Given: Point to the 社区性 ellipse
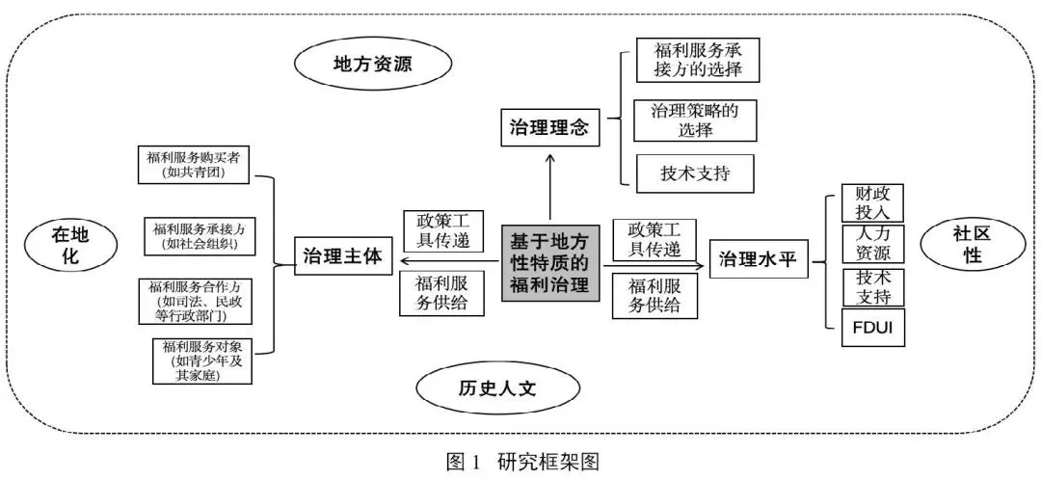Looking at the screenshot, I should [966, 246].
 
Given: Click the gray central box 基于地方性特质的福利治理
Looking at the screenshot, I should [550, 260].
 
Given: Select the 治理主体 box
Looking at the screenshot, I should [343, 257].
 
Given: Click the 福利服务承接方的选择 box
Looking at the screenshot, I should [696, 60].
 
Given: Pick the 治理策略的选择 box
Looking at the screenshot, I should [696, 120].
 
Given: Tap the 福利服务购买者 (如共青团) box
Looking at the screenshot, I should [195, 165].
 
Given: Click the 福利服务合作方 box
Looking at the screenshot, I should [200, 302].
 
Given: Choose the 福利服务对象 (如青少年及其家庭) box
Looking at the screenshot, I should [202, 361].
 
